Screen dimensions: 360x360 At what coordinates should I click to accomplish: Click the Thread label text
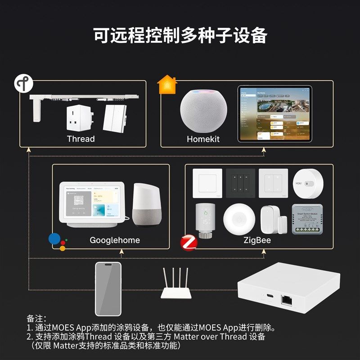pyautogui.click(x=81, y=139)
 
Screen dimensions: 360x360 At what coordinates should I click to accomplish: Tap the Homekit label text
pyautogui.click(x=203, y=139)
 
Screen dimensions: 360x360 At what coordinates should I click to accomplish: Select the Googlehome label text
pyautogui.click(x=115, y=240)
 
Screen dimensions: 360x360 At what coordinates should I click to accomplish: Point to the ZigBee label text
pyautogui.click(x=257, y=240)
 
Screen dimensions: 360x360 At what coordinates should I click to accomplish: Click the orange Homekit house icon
pyautogui.click(x=167, y=85)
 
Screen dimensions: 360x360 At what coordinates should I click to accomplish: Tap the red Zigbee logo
pyautogui.click(x=189, y=243)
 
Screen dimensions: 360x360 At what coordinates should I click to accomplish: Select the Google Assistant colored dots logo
pyautogui.click(x=57, y=242)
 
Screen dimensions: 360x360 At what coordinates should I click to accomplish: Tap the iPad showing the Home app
pyautogui.click(x=275, y=114)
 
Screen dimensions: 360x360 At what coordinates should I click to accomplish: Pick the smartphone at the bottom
pyautogui.click(x=108, y=288)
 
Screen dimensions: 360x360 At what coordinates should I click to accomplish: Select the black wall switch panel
pyautogui.click(x=240, y=183)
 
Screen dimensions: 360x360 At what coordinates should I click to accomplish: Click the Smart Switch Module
pyautogui.click(x=310, y=220)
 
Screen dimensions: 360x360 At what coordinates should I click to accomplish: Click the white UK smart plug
pyautogui.click(x=80, y=117)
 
